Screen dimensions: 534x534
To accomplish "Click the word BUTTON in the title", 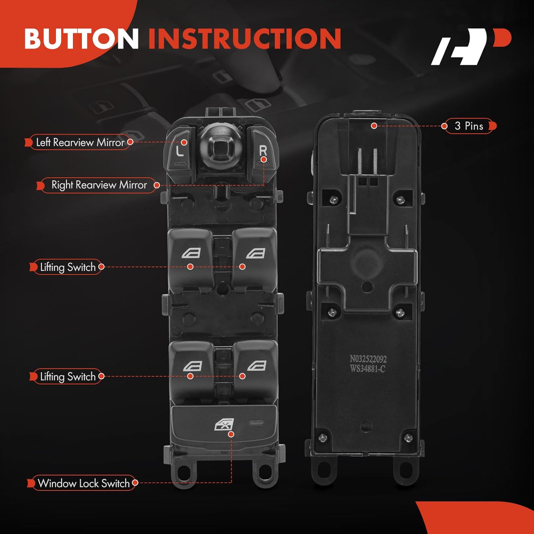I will pyautogui.click(x=81, y=38).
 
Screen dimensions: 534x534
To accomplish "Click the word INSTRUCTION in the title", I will pyautogui.click(x=245, y=38).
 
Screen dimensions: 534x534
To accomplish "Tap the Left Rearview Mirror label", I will pyautogui.click(x=80, y=142).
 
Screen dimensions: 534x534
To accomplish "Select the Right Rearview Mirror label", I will pyautogui.click(x=99, y=185).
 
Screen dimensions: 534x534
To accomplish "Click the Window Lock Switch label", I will pyautogui.click(x=84, y=483).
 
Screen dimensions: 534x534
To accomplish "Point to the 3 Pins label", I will pyautogui.click(x=469, y=126).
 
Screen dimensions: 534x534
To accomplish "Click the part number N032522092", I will pyautogui.click(x=368, y=359).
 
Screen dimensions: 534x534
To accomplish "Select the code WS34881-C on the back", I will pyautogui.click(x=367, y=368).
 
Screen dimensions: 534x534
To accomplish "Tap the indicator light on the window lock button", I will pyautogui.click(x=256, y=423).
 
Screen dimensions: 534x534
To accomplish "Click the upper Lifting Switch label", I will pyautogui.click(x=68, y=267).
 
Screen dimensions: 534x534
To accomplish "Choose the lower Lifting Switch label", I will pyautogui.click(x=68, y=376).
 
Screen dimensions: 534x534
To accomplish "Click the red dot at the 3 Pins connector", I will pyautogui.click(x=374, y=126).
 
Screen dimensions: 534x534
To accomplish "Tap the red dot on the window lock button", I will pyautogui.click(x=231, y=434).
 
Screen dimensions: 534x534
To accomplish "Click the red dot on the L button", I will pyautogui.click(x=184, y=142).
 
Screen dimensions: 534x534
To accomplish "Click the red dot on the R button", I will pyautogui.click(x=263, y=159).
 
